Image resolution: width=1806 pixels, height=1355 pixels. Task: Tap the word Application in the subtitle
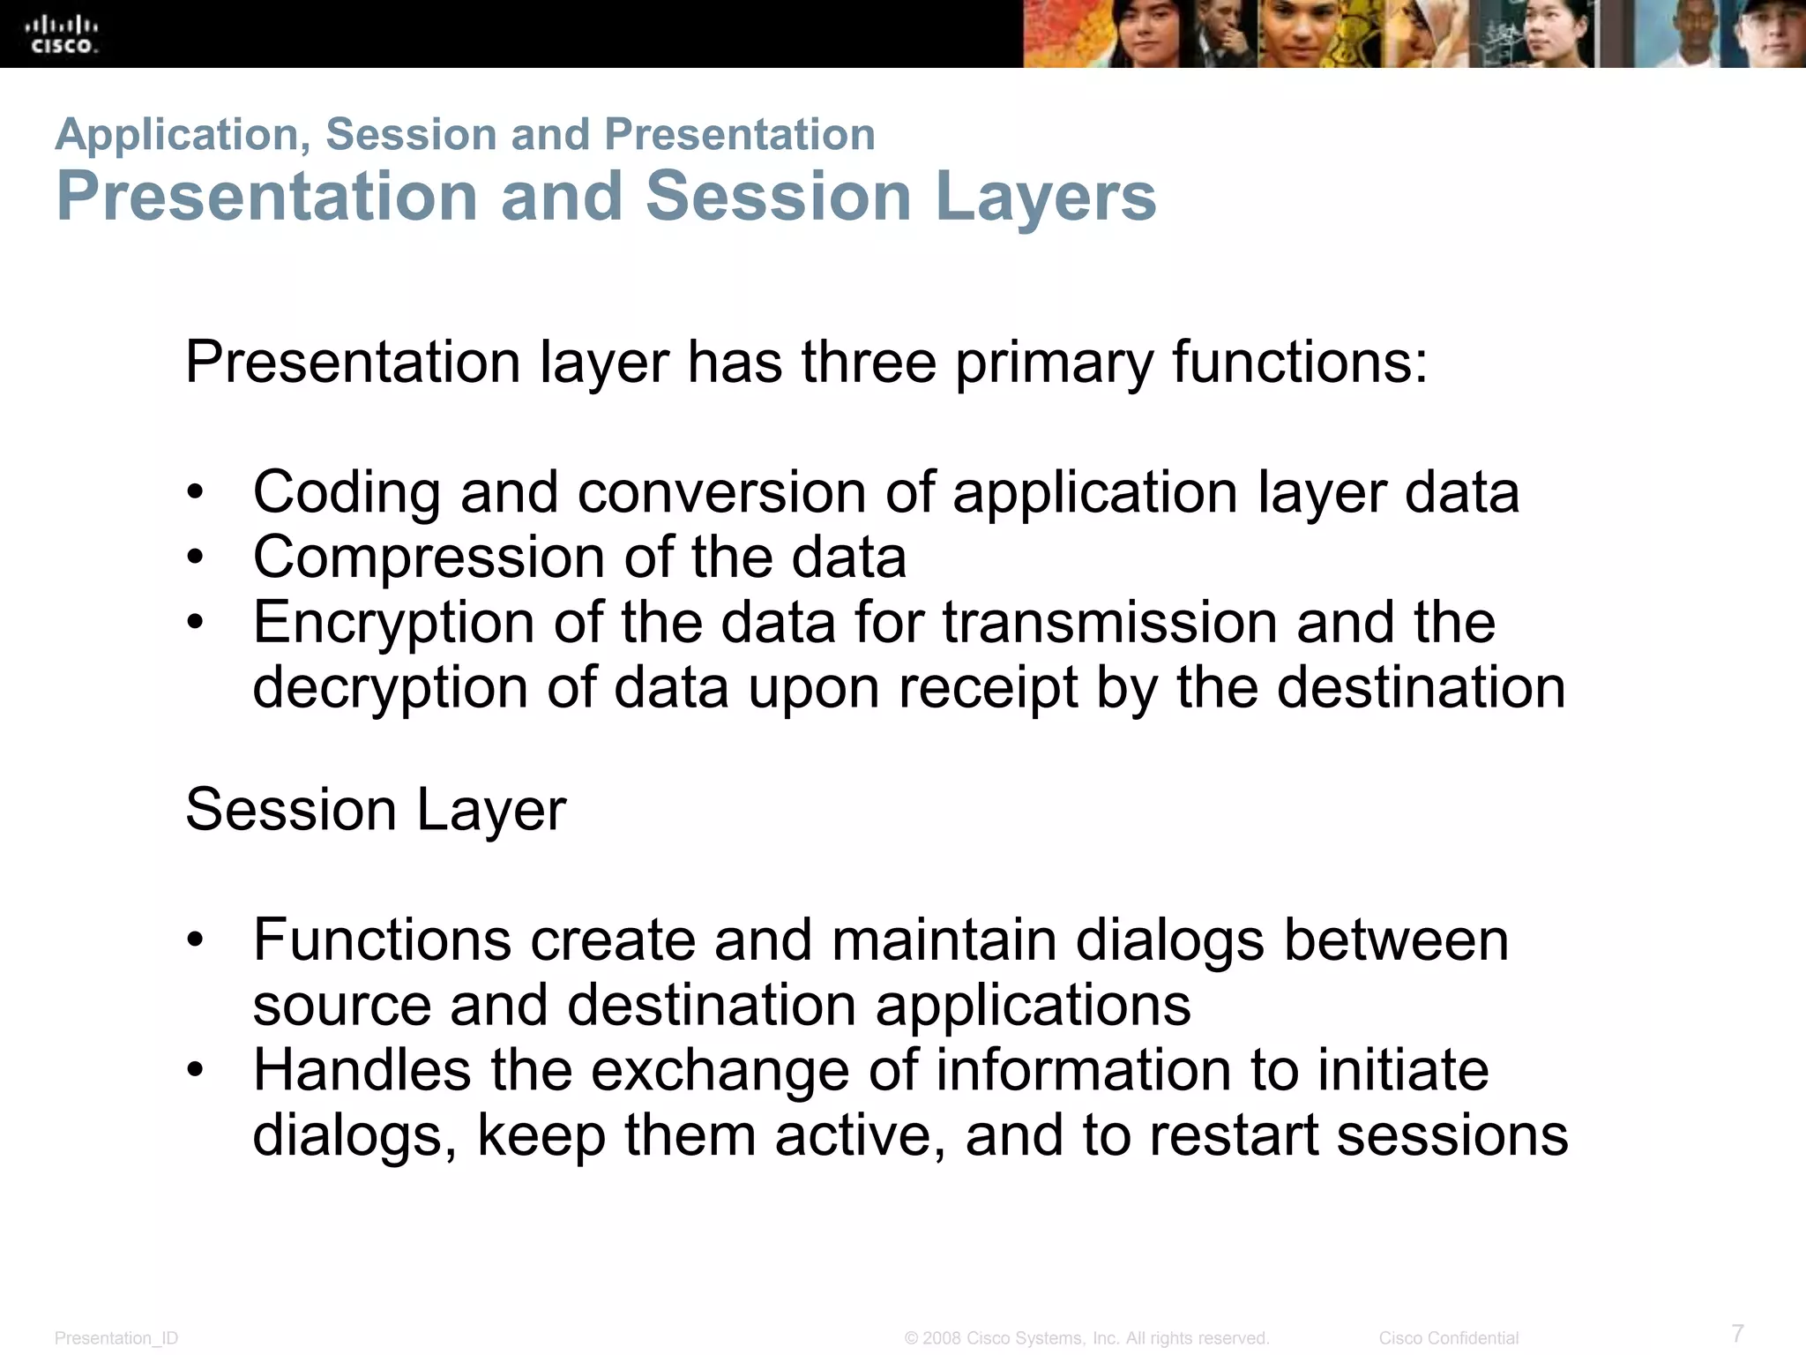click(x=182, y=135)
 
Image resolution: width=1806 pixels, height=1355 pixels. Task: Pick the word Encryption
click(x=393, y=623)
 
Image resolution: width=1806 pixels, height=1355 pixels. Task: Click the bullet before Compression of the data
click(x=195, y=558)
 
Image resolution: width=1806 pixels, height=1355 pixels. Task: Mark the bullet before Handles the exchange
click(x=195, y=1070)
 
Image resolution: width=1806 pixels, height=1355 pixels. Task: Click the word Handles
click(x=362, y=1070)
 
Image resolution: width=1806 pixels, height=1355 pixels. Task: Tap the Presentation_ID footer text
click(x=116, y=1338)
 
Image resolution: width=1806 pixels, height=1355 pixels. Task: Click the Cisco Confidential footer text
click(x=1449, y=1338)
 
